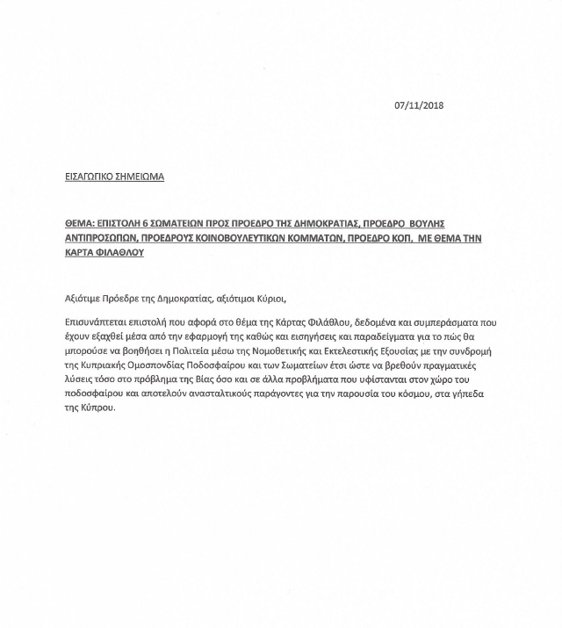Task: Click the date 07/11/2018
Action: coord(419,105)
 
